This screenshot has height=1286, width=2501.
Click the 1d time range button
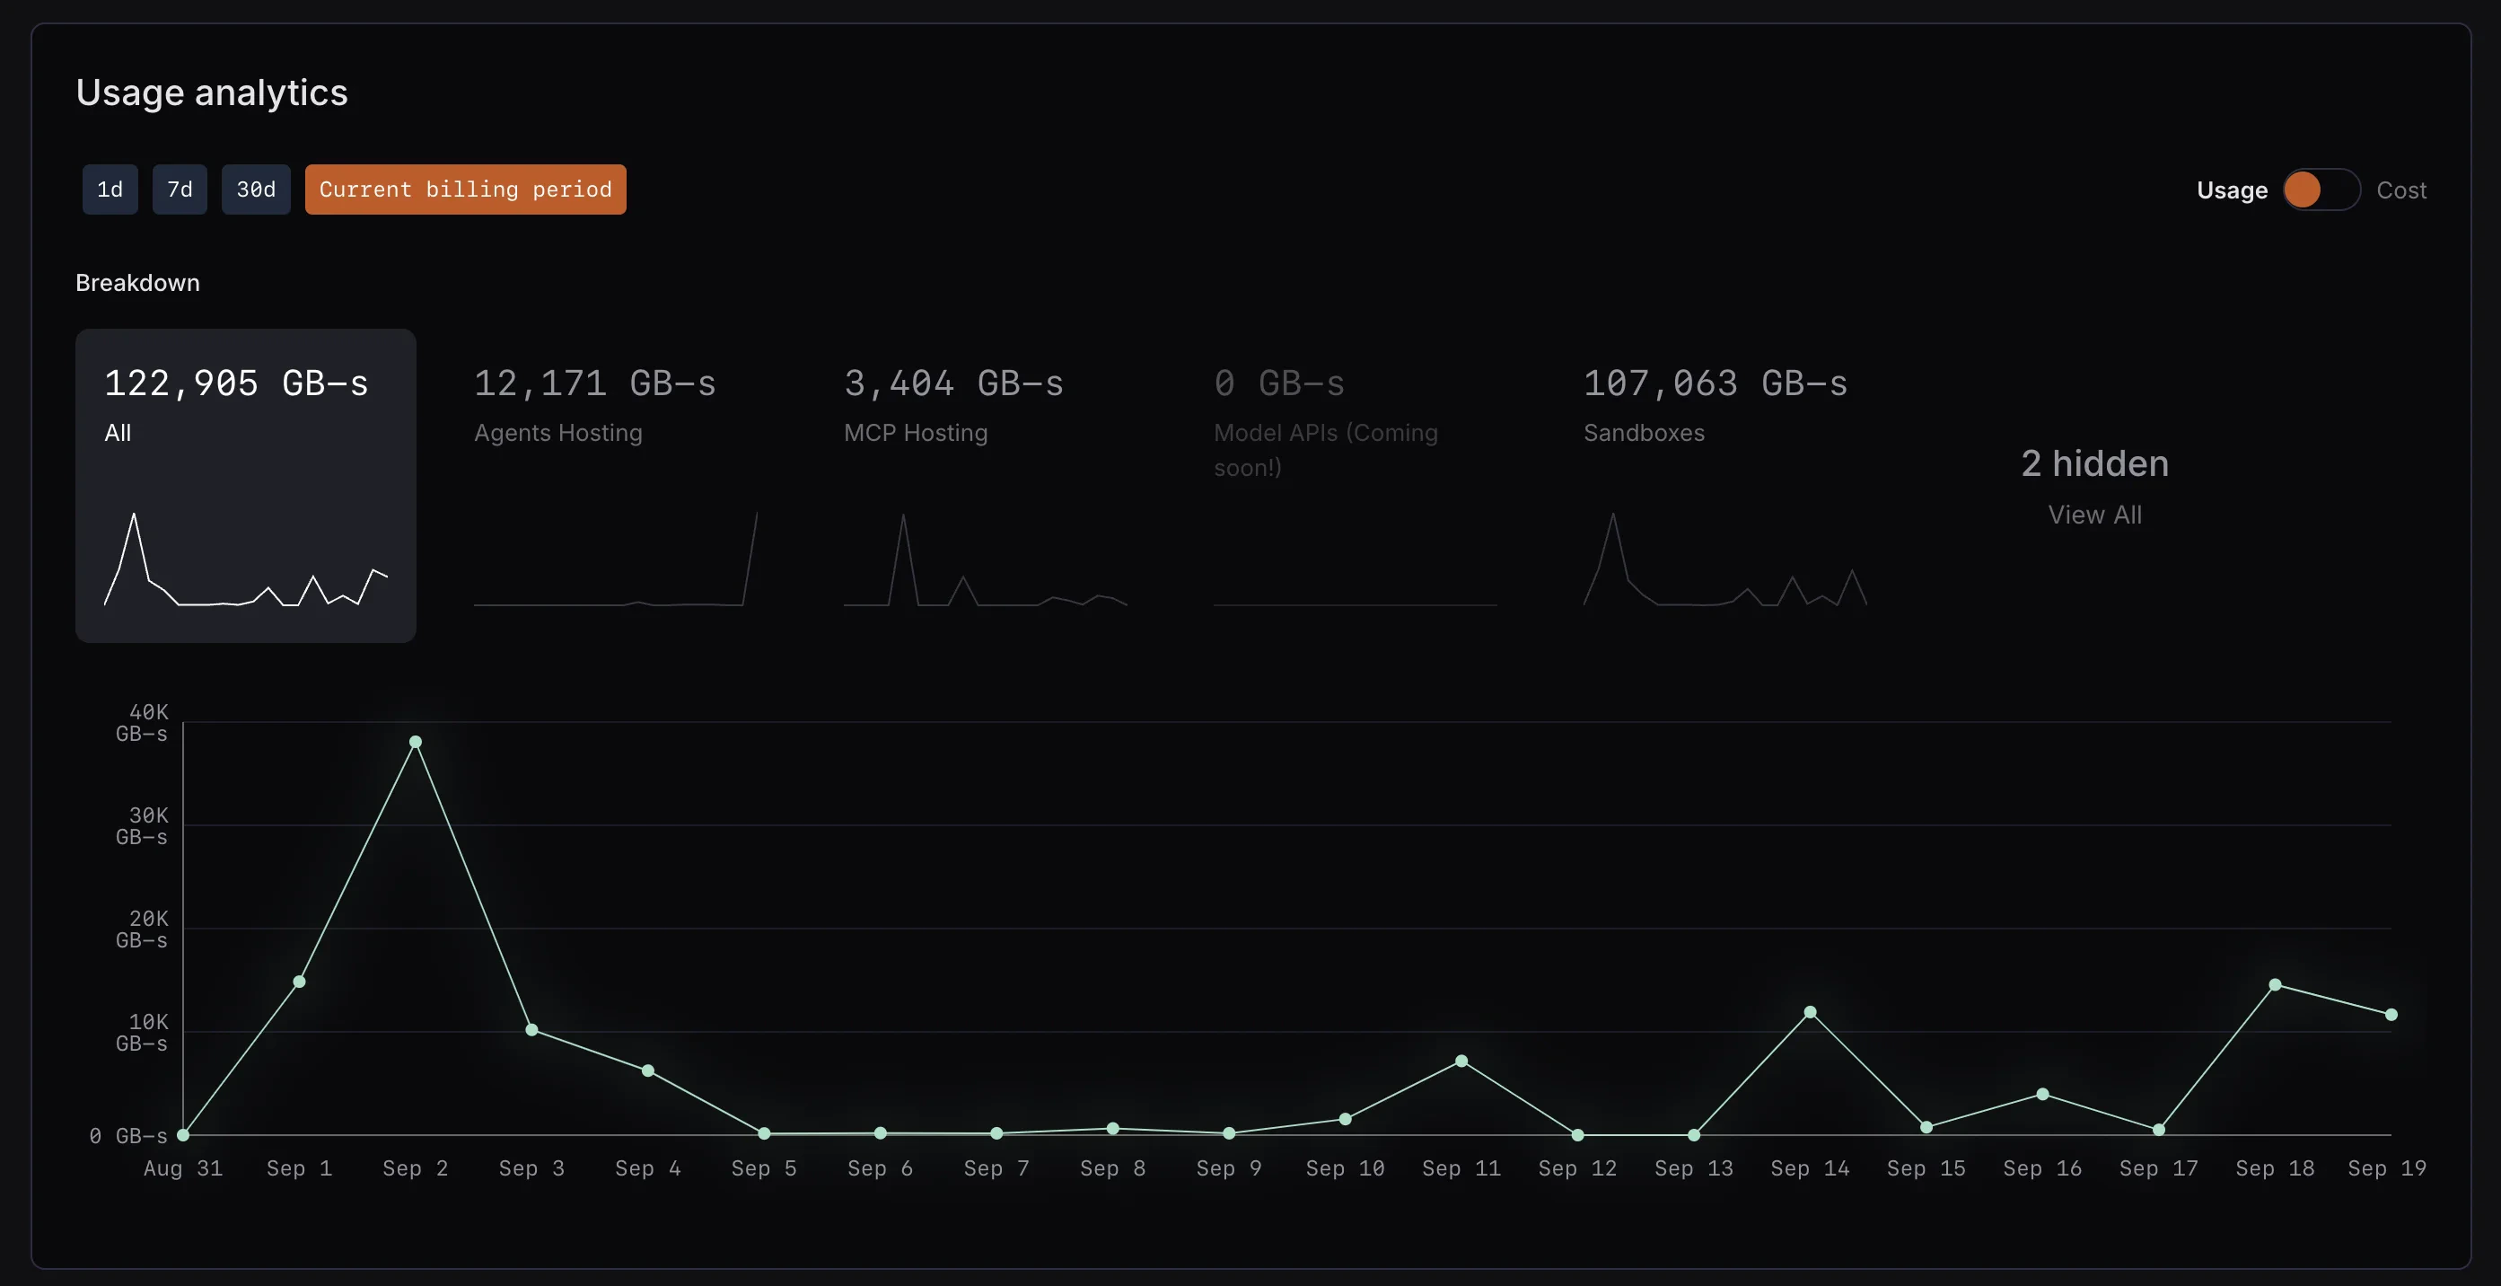[110, 189]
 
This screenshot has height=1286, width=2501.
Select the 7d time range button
[180, 189]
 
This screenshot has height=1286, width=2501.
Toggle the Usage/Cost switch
[2321, 189]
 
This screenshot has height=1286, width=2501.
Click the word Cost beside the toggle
[2400, 190]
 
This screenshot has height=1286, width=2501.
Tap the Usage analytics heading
[212, 92]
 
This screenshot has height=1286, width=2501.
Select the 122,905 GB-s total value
[236, 383]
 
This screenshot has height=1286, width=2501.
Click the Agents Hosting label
[557, 433]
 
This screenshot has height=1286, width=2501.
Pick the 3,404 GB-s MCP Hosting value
[952, 383]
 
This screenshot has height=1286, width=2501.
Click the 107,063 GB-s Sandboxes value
[1715, 383]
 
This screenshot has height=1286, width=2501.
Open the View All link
[2094, 515]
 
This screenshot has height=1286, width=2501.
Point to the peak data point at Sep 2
[416, 742]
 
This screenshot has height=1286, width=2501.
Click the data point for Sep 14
[1810, 1012]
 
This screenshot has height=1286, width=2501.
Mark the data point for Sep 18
[2275, 985]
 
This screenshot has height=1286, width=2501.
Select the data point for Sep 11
[1461, 1061]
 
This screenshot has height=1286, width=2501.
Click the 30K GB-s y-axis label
[143, 825]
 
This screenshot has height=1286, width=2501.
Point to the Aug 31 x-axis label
[182, 1168]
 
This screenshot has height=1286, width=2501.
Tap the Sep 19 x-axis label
[2385, 1168]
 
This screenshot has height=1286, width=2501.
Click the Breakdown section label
[138, 283]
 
